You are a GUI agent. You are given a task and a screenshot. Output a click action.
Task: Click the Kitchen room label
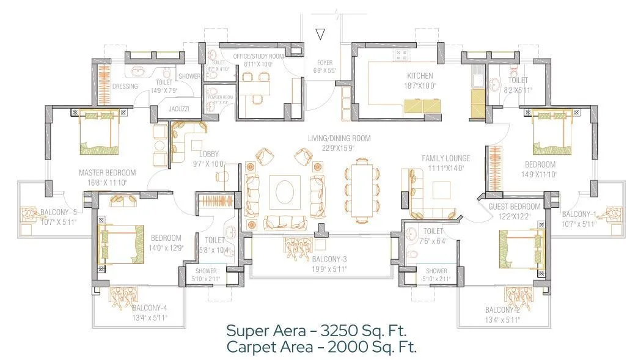pos(420,76)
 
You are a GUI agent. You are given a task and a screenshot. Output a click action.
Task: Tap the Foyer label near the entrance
pos(324,62)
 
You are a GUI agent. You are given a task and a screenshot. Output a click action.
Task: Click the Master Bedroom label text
pos(108,173)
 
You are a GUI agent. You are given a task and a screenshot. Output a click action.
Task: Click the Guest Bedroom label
pos(514,207)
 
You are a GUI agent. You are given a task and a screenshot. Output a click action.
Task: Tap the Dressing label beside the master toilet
pos(125,87)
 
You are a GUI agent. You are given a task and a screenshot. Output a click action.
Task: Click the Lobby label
pos(208,155)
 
